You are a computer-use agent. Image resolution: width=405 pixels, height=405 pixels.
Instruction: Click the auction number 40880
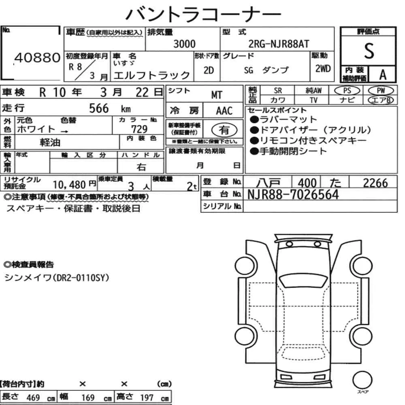(x=37, y=58)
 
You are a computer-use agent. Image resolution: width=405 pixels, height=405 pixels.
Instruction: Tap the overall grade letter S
(x=369, y=51)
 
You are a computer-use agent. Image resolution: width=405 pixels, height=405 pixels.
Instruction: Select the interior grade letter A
(x=383, y=75)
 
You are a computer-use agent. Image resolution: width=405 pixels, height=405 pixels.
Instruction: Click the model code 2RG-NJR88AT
(x=279, y=44)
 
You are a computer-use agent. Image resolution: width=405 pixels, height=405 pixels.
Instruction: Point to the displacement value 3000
(x=184, y=44)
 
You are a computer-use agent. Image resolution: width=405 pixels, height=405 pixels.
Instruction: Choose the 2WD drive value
(x=323, y=68)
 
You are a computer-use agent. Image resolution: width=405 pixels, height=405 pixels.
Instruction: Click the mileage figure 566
(x=99, y=108)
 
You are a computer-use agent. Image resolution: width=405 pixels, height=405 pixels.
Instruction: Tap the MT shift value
(x=217, y=95)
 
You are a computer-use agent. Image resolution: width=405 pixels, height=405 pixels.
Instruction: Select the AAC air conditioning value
(x=224, y=111)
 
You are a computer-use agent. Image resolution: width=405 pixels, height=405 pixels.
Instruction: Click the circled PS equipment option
(x=347, y=90)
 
